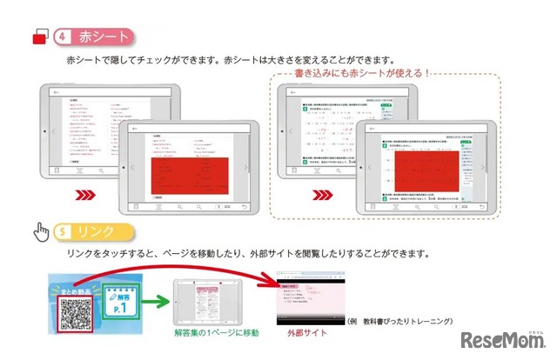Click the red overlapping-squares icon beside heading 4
point(38,37)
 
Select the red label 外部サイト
point(295,331)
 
